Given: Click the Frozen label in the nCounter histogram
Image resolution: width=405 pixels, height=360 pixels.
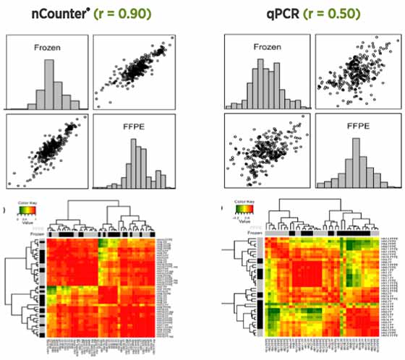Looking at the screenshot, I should point(46,49).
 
